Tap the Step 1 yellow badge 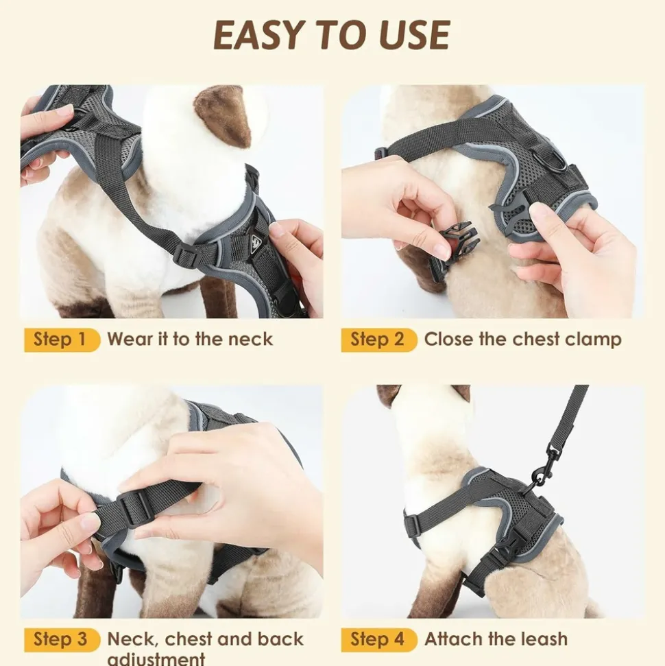pyautogui.click(x=62, y=340)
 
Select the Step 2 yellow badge pyautogui.click(x=379, y=340)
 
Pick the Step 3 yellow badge pyautogui.click(x=62, y=640)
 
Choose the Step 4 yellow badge pyautogui.click(x=379, y=640)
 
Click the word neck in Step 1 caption pyautogui.click(x=250, y=340)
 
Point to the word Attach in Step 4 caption pyautogui.click(x=451, y=639)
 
